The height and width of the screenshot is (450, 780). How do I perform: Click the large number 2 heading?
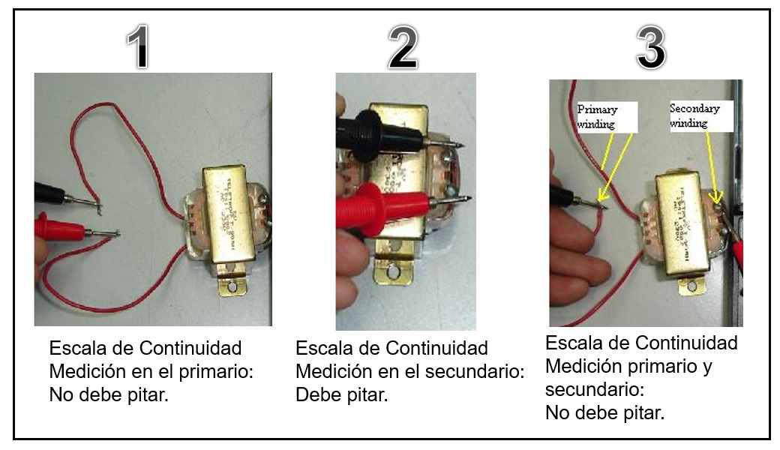403,49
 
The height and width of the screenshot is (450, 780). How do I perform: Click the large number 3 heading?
650,47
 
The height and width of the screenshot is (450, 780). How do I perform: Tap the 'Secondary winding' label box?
696,116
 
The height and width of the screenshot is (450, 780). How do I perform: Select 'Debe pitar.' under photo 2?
341,395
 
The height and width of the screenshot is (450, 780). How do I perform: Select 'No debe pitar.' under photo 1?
109,395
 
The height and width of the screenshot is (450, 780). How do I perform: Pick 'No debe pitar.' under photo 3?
604,412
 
